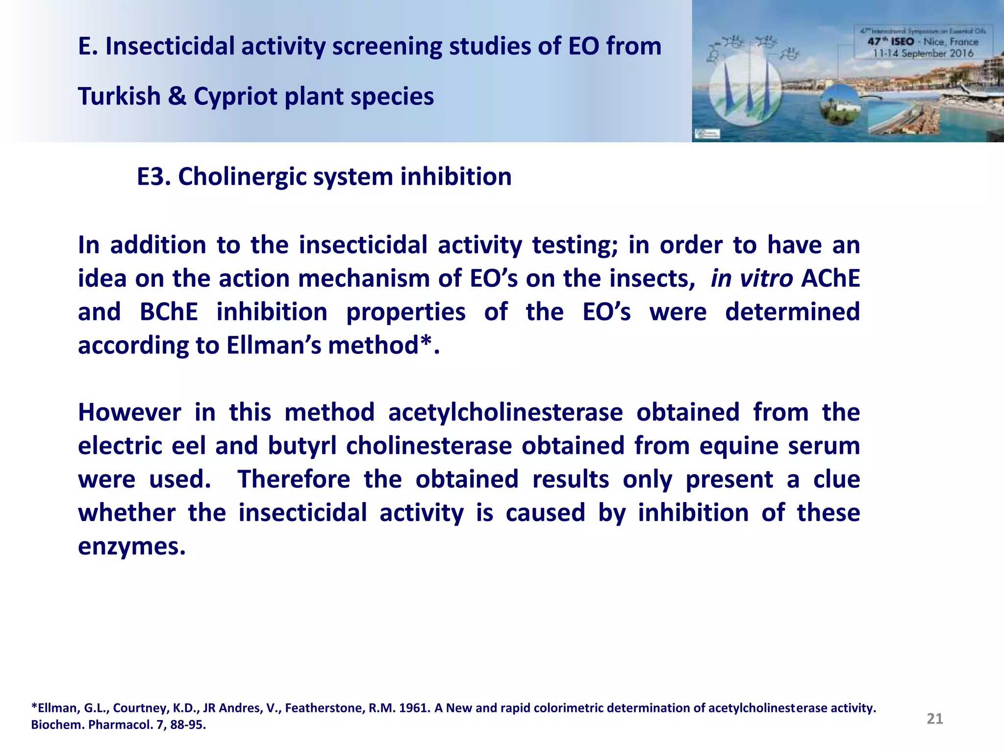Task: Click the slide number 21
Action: (934, 719)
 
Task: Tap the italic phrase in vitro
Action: (751, 278)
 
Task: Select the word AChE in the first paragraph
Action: (830, 278)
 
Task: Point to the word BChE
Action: (169, 312)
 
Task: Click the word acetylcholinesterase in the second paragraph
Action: (505, 412)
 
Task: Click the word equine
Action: (738, 446)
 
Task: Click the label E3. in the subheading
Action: (153, 176)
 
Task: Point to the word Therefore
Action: (294, 479)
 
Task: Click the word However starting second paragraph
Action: (129, 412)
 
